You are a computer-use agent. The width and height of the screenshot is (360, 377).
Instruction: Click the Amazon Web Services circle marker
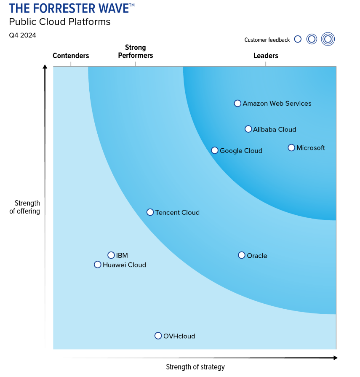[x=237, y=103]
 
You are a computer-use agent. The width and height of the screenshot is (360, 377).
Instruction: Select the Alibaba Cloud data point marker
[x=248, y=129]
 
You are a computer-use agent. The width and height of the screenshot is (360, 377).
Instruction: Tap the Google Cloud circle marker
[x=215, y=150]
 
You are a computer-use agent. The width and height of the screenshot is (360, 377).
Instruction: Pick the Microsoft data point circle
[x=291, y=147]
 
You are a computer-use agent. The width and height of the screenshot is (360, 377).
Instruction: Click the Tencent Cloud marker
[x=150, y=212]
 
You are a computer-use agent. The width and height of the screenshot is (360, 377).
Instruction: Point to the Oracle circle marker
[x=242, y=255]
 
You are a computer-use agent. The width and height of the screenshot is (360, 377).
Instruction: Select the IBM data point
[x=111, y=255]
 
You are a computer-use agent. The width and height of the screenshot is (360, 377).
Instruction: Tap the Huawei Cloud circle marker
[x=98, y=265]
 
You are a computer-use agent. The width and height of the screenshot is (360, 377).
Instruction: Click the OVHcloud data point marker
[x=158, y=336]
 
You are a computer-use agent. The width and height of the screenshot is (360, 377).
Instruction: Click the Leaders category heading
[x=266, y=56]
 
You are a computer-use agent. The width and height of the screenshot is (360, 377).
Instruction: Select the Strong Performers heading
[x=136, y=51]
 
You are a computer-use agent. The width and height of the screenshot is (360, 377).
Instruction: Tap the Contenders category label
[x=71, y=56]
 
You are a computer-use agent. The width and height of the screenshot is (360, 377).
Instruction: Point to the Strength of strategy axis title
[x=195, y=367]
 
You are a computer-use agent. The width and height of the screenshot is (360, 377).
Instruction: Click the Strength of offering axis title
[x=25, y=207]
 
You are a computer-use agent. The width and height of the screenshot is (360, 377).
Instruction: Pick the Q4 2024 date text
[x=23, y=35]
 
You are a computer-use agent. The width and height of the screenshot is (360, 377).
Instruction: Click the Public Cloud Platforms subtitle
[x=60, y=22]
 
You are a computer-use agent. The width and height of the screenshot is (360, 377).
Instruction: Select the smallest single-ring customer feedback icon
[x=298, y=39]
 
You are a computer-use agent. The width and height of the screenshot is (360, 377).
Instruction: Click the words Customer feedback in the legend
[x=267, y=40]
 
